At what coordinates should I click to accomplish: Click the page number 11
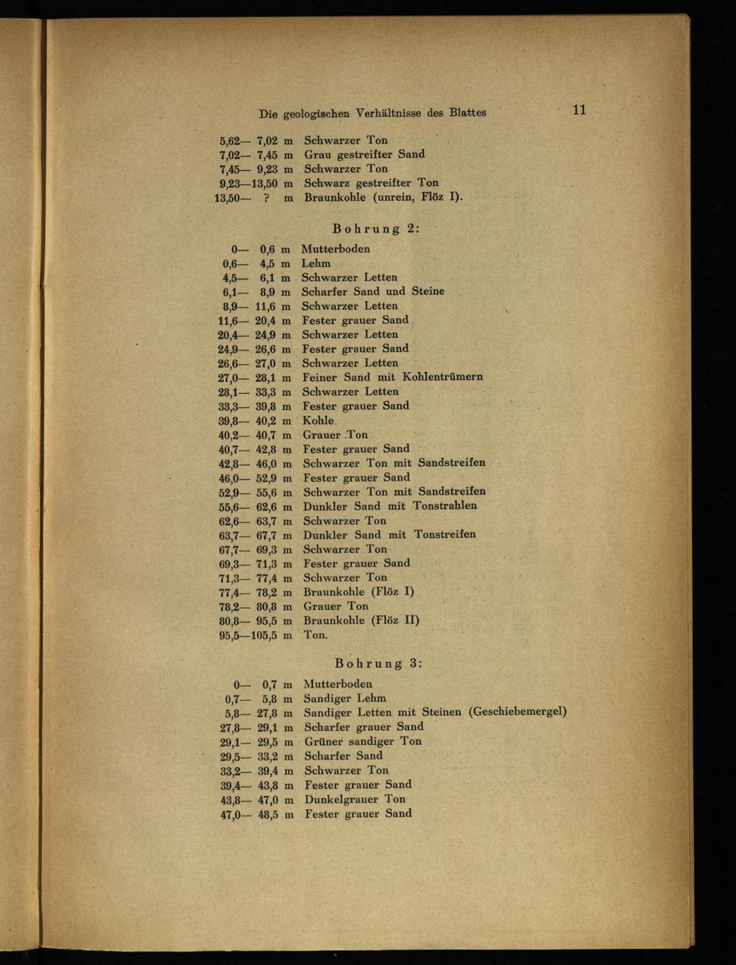(578, 110)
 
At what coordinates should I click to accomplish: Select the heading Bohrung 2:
(376, 228)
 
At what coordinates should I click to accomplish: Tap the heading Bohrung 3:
(378, 662)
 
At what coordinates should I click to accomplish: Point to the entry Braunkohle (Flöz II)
(361, 620)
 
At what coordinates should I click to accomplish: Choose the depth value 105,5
(263, 635)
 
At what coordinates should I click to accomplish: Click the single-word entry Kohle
(318, 420)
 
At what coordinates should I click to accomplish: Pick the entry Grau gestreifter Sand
(364, 154)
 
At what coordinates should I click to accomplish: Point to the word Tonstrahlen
(445, 506)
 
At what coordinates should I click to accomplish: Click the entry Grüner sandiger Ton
(363, 741)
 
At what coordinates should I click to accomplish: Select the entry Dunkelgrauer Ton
(355, 799)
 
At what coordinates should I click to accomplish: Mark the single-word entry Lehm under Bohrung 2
(316, 263)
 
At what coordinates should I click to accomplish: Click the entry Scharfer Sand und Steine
(373, 291)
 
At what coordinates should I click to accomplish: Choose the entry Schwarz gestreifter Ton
(371, 183)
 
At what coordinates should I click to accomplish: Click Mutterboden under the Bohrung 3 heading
(338, 683)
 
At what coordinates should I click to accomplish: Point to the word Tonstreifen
(445, 534)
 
